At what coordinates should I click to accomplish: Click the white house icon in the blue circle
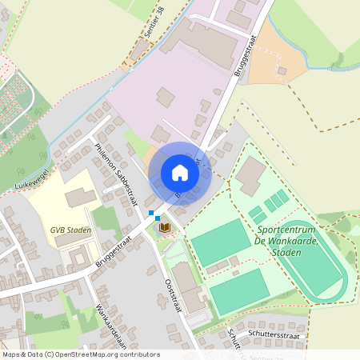(x=180, y=172)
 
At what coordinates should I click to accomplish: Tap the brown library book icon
(x=165, y=228)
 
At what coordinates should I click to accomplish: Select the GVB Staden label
(x=70, y=230)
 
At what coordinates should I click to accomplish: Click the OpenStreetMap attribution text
(x=80, y=354)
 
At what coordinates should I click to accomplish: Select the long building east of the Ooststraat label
(x=191, y=287)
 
